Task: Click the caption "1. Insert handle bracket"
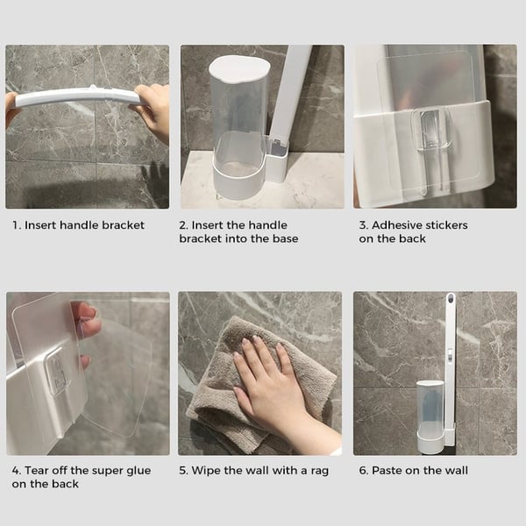click(78, 225)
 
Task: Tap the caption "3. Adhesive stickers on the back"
click(413, 231)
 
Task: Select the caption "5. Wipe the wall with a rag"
click(254, 471)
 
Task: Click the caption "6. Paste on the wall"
click(413, 471)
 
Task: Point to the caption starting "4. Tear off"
click(81, 477)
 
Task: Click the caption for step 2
click(238, 231)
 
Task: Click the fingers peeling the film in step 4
click(87, 329)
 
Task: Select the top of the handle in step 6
click(451, 302)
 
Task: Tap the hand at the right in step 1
click(153, 110)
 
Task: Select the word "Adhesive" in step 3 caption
click(399, 225)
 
